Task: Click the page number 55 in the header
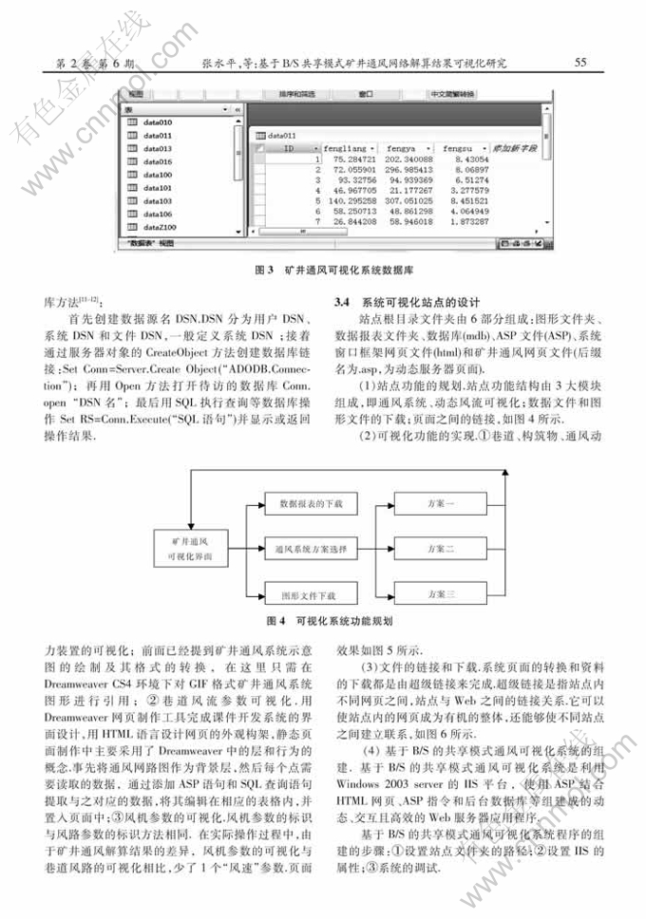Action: (x=579, y=63)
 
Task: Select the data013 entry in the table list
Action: (x=158, y=149)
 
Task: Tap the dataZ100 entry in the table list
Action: (x=161, y=228)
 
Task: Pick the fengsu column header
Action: (x=462, y=149)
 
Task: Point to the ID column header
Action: (x=289, y=149)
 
